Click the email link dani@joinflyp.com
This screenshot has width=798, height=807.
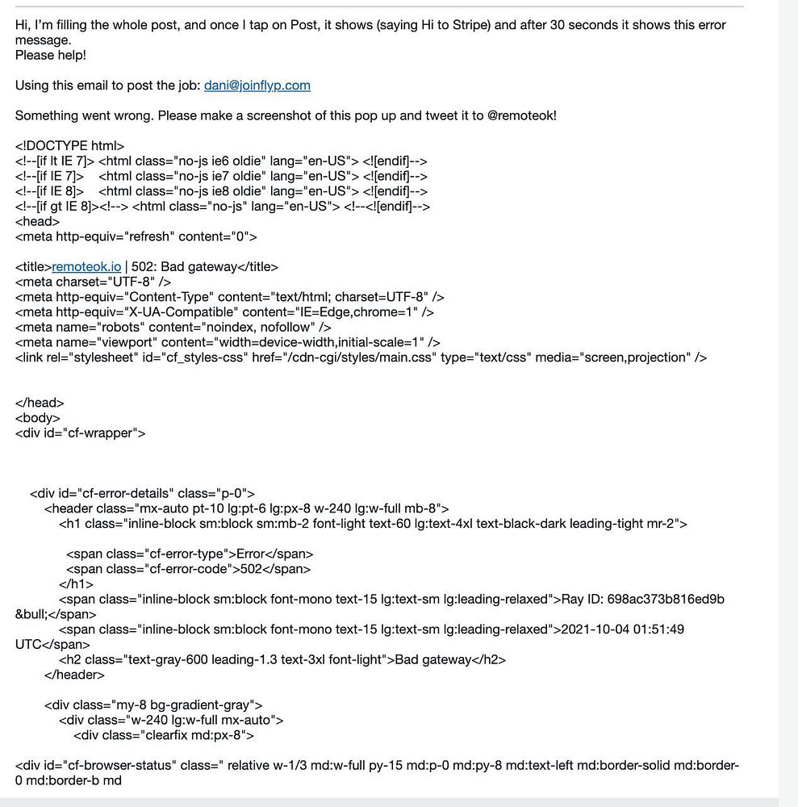257,86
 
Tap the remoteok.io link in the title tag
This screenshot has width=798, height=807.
86,267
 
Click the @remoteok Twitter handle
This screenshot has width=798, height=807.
521,115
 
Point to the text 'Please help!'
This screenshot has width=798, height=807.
50,56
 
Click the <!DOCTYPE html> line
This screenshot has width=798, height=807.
69,146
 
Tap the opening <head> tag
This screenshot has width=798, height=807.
37,222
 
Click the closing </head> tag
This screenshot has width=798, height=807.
40,403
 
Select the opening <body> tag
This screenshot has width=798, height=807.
37,418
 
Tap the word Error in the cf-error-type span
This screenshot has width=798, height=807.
251,554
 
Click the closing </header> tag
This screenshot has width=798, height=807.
74,675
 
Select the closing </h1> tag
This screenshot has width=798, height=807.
76,584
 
